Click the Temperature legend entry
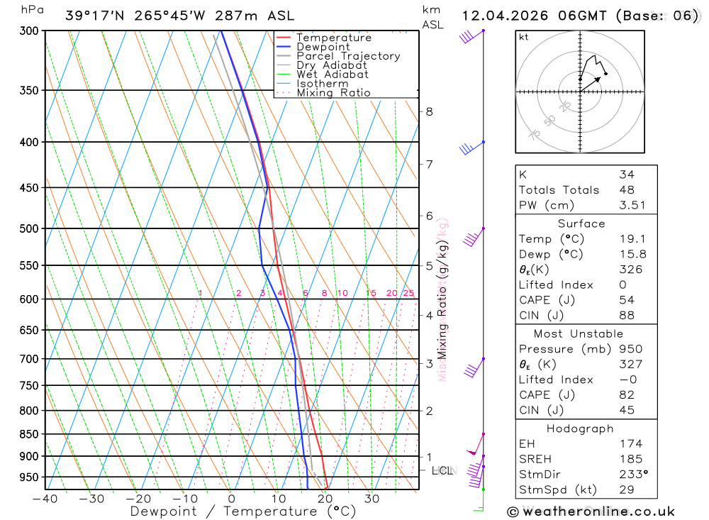coord(333,38)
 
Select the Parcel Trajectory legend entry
coord(348,56)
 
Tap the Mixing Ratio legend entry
coord(333,92)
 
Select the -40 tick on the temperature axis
coord(45,499)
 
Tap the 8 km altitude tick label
coord(430,111)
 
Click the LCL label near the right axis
coord(442,470)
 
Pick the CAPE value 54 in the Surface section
coord(626,300)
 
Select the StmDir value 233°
coord(633,474)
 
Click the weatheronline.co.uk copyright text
coord(591,511)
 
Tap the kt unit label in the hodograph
coord(523,37)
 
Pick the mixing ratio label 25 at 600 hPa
coord(408,293)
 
